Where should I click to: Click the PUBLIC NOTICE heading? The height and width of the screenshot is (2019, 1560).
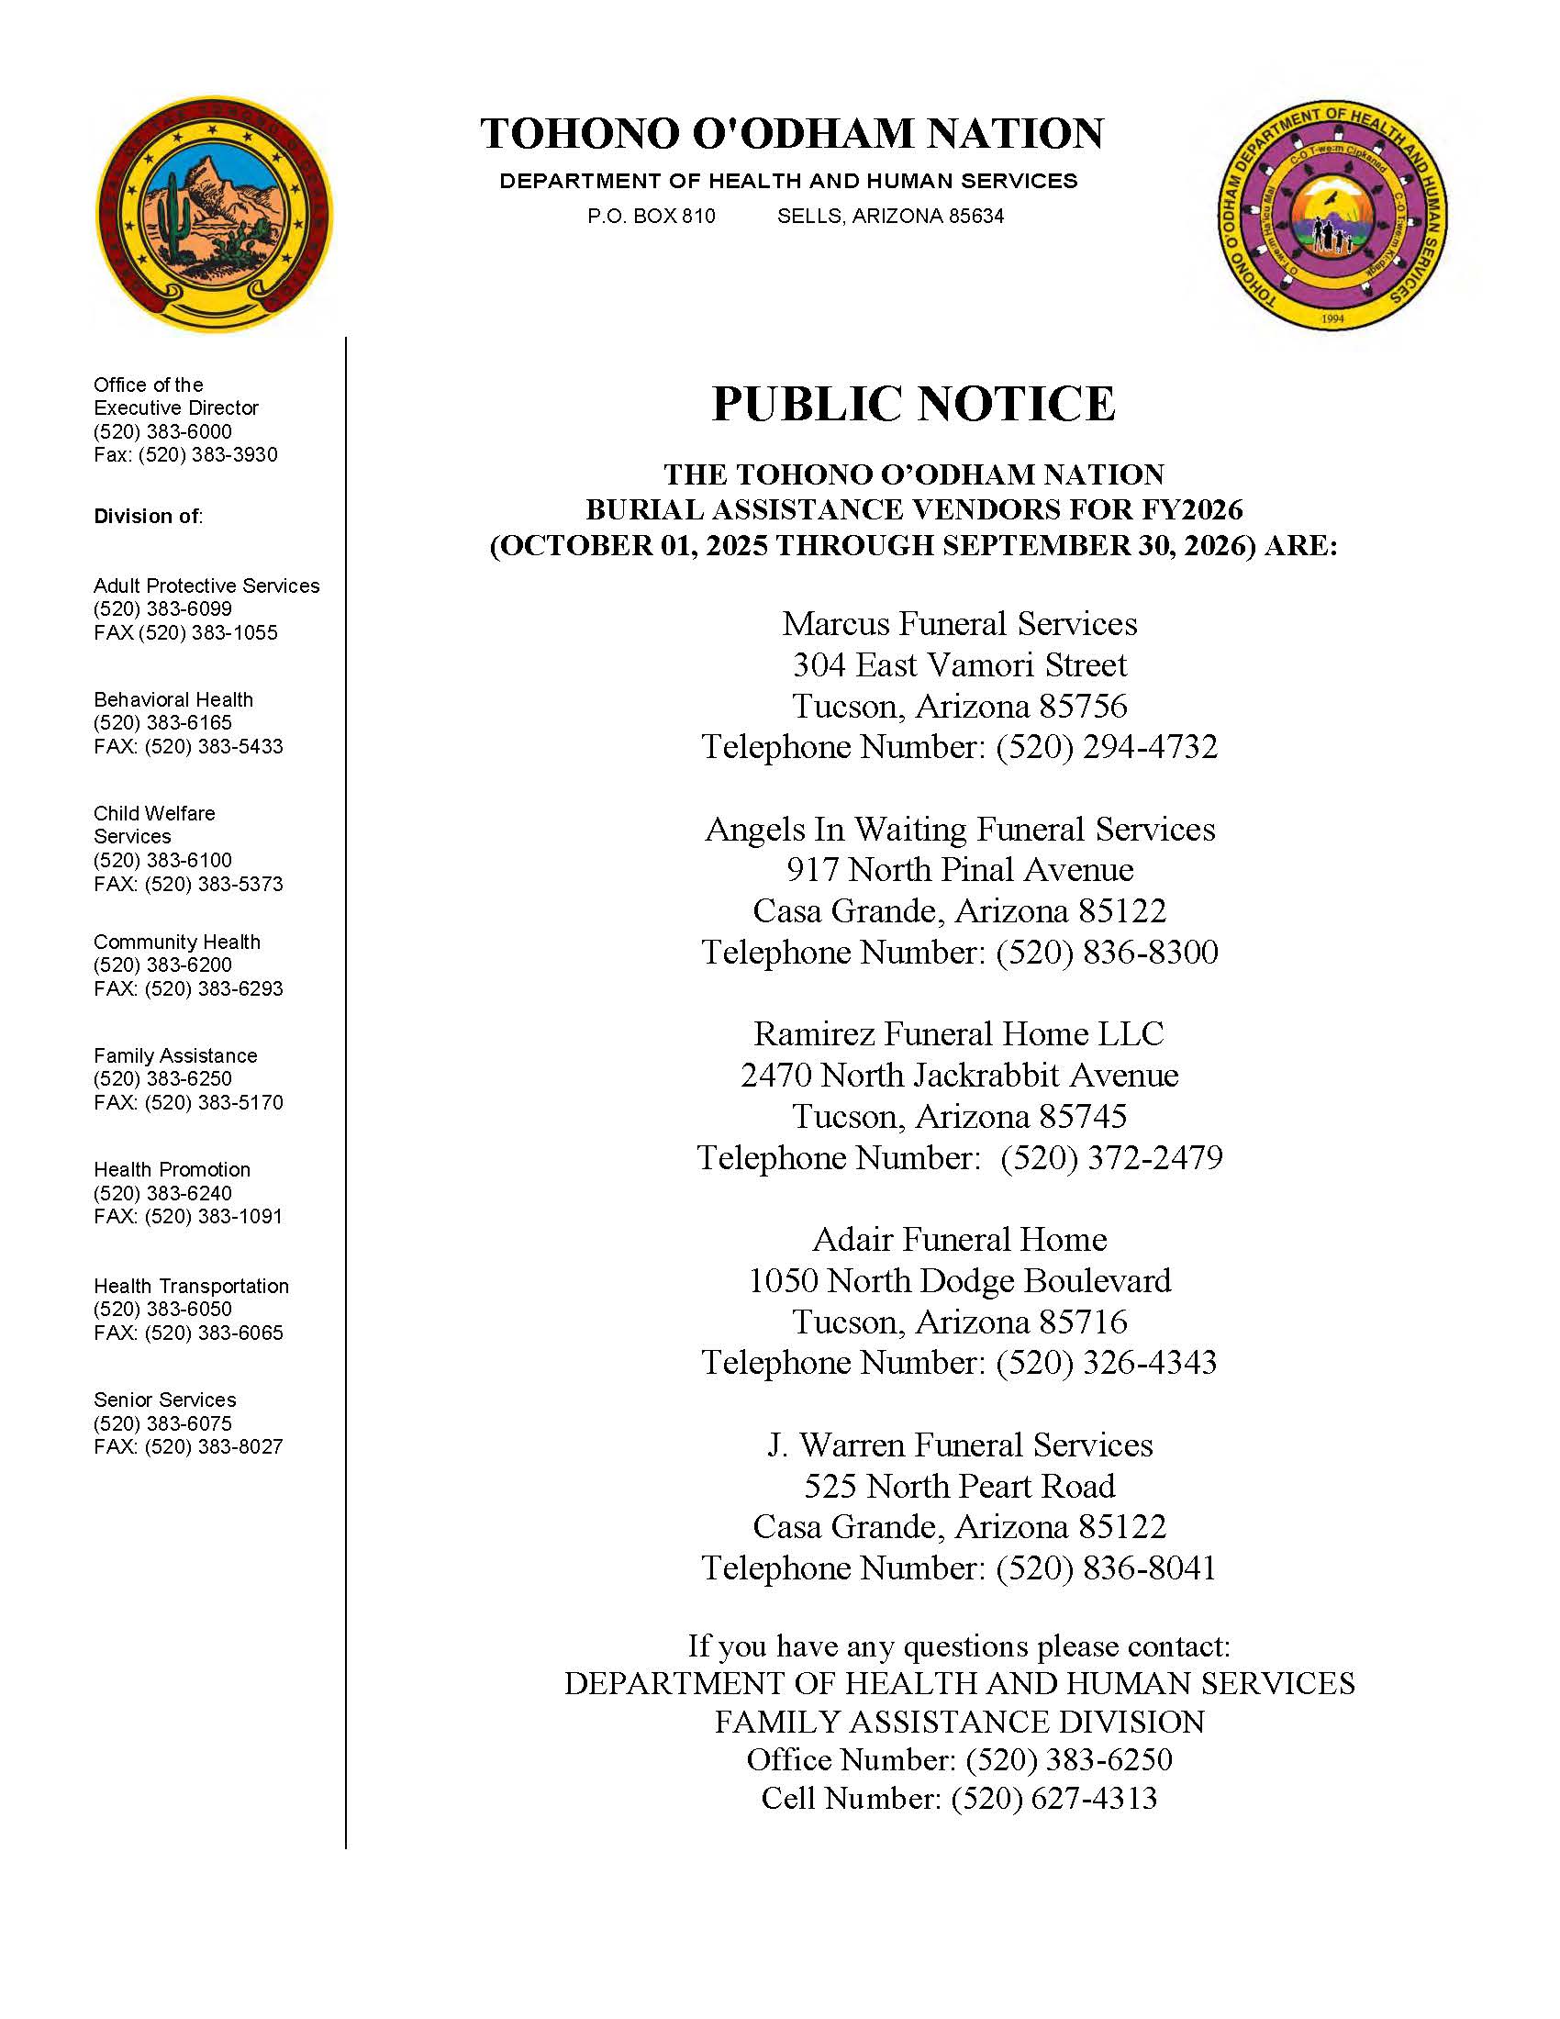(913, 404)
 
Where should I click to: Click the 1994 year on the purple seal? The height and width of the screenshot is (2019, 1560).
(1332, 318)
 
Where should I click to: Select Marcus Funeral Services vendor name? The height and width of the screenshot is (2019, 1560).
(959, 624)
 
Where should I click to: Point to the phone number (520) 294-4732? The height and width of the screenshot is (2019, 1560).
(1107, 747)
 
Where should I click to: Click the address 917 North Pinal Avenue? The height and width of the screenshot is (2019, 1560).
(959, 870)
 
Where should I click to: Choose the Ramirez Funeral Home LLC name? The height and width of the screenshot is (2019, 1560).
(958, 1033)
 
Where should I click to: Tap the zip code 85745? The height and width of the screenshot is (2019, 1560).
(1083, 1117)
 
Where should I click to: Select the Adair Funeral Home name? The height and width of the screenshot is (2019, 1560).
(959, 1240)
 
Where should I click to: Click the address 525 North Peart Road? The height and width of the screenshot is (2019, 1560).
(959, 1486)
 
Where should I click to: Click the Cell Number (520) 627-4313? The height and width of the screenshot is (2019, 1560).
(1053, 1798)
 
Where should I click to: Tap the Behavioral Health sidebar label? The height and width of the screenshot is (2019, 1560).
(173, 700)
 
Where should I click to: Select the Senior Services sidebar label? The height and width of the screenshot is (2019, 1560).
(164, 1400)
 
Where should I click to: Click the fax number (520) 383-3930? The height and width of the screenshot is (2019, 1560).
(208, 455)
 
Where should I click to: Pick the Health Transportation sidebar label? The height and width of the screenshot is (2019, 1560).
(190, 1286)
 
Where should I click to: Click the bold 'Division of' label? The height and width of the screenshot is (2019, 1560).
(147, 516)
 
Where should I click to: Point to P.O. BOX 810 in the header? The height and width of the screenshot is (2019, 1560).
(651, 217)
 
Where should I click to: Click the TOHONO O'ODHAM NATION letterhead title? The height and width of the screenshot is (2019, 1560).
(791, 133)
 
